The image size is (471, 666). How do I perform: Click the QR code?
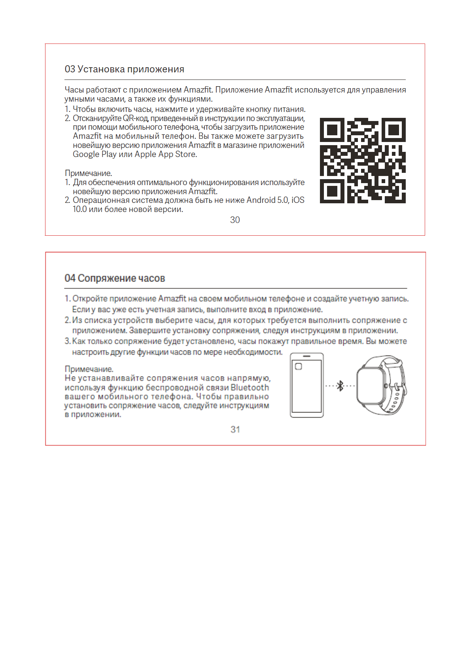click(363, 161)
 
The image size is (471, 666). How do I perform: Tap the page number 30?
click(235, 220)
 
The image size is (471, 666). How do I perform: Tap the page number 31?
click(235, 429)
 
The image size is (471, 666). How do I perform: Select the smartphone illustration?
click(306, 385)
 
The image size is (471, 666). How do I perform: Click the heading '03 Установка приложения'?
click(124, 69)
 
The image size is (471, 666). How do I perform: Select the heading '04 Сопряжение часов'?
click(115, 278)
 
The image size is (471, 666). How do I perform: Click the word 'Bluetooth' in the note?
click(250, 388)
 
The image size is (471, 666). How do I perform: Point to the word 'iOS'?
click(298, 200)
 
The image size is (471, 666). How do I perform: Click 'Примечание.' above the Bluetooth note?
click(89, 369)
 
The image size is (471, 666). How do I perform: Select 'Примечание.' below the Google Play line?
click(88, 173)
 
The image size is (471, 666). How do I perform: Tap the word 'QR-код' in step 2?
click(136, 118)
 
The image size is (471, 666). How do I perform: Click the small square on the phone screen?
click(299, 366)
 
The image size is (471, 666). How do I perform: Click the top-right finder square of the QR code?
click(393, 130)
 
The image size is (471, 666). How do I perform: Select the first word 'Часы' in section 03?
click(74, 90)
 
